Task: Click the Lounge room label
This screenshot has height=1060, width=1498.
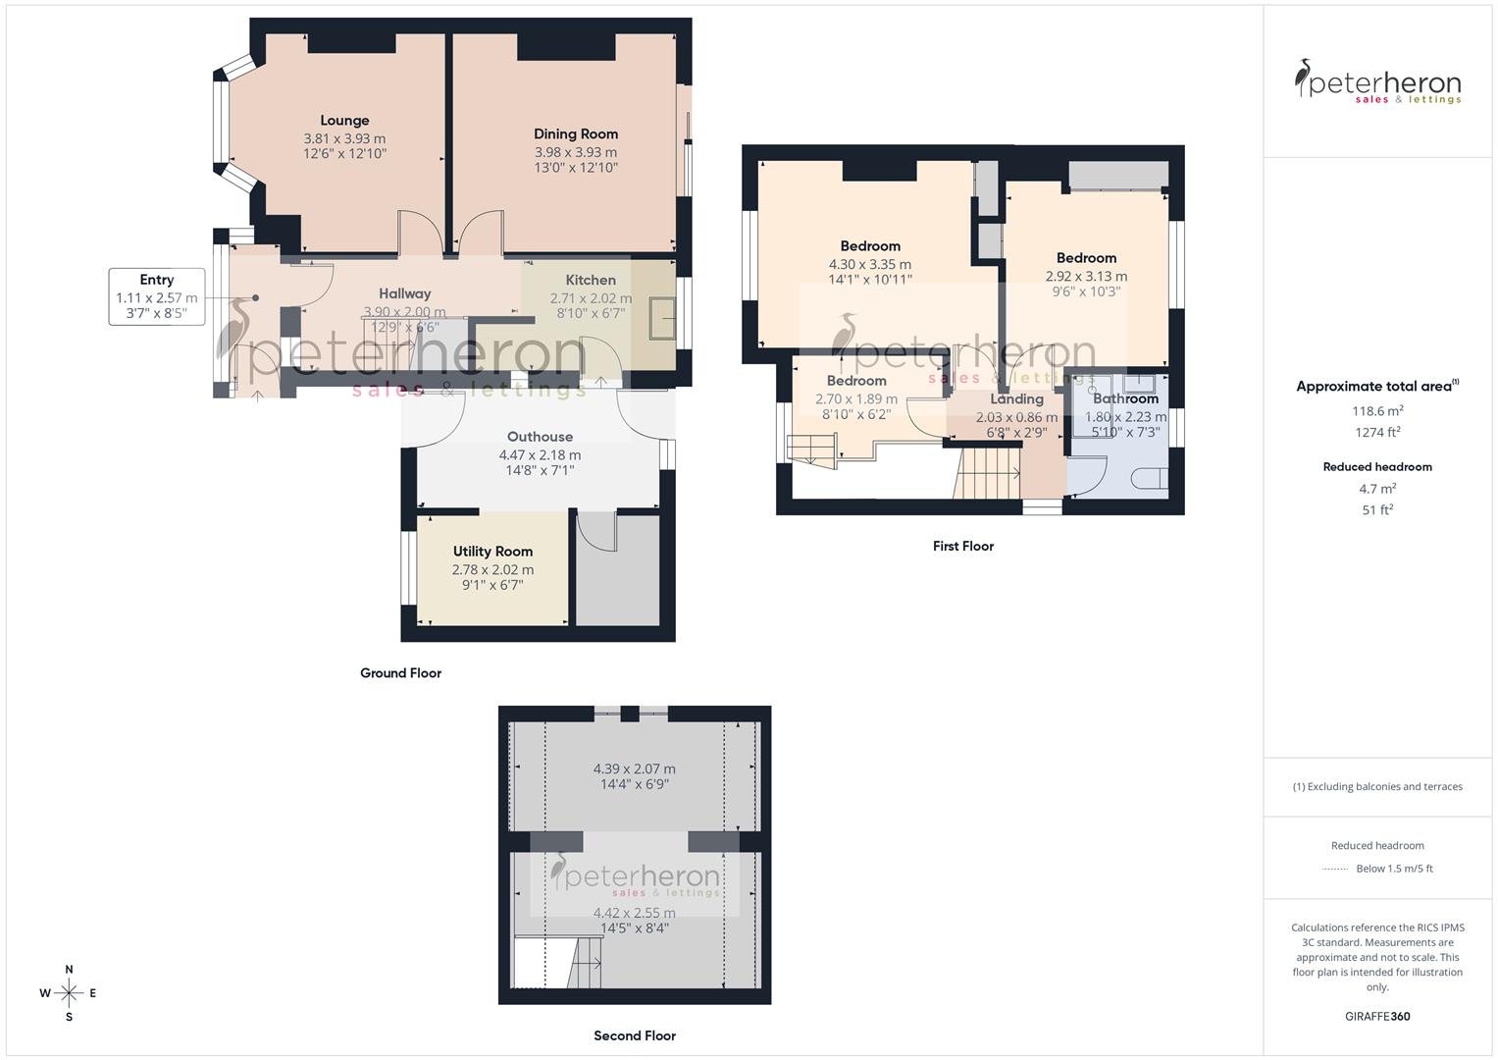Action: pos(344,121)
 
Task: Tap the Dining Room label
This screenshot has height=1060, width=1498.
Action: pos(576,134)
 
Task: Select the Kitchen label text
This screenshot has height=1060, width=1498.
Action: pos(591,281)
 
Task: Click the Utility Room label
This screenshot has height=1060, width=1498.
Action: pos(492,552)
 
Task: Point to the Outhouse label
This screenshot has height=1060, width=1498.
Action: pos(540,437)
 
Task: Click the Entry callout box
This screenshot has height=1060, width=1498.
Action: pos(157,296)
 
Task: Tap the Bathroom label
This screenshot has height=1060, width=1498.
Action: pos(1125,398)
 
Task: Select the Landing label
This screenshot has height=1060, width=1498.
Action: pos(1016,399)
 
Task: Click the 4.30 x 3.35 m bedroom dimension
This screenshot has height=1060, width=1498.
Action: pos(870,264)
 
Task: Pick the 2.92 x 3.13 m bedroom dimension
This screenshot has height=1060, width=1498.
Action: pos(1086,277)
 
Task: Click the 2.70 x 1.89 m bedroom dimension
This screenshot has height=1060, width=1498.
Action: pos(856,399)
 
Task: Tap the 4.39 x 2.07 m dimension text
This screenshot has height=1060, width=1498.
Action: pos(634,769)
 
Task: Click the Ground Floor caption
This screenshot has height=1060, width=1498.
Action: pos(400,673)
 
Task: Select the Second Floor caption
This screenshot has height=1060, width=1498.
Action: pos(635,1035)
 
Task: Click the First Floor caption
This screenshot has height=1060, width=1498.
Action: pos(962,546)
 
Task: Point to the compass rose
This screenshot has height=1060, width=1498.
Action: pos(69,993)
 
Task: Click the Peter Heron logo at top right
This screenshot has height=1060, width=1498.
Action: pos(1377,81)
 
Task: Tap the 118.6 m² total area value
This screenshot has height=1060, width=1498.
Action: pos(1377,411)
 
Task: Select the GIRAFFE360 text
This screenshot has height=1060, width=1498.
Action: pos(1377,1016)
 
